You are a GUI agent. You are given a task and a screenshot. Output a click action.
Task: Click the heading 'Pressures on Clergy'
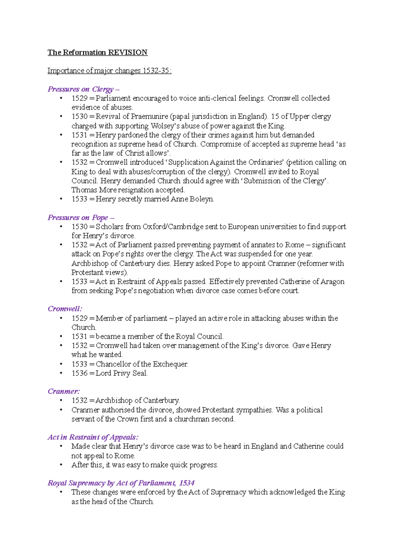point(81,89)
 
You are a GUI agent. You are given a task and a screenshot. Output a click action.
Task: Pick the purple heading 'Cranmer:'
point(64,391)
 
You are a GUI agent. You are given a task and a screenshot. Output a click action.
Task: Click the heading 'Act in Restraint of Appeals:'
point(93,437)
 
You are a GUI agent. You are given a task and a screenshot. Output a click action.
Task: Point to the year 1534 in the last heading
point(187,483)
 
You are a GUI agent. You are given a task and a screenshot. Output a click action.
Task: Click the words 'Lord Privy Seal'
point(121,373)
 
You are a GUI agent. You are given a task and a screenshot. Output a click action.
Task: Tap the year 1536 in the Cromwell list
point(79,373)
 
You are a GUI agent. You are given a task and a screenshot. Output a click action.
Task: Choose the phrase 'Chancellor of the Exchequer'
point(142,364)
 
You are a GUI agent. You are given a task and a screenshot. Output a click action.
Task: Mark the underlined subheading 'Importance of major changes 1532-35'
point(109,71)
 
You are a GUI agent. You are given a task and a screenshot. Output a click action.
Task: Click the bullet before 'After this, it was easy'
point(61,465)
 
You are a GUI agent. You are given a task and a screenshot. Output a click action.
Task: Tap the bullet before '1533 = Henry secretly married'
point(61,199)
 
